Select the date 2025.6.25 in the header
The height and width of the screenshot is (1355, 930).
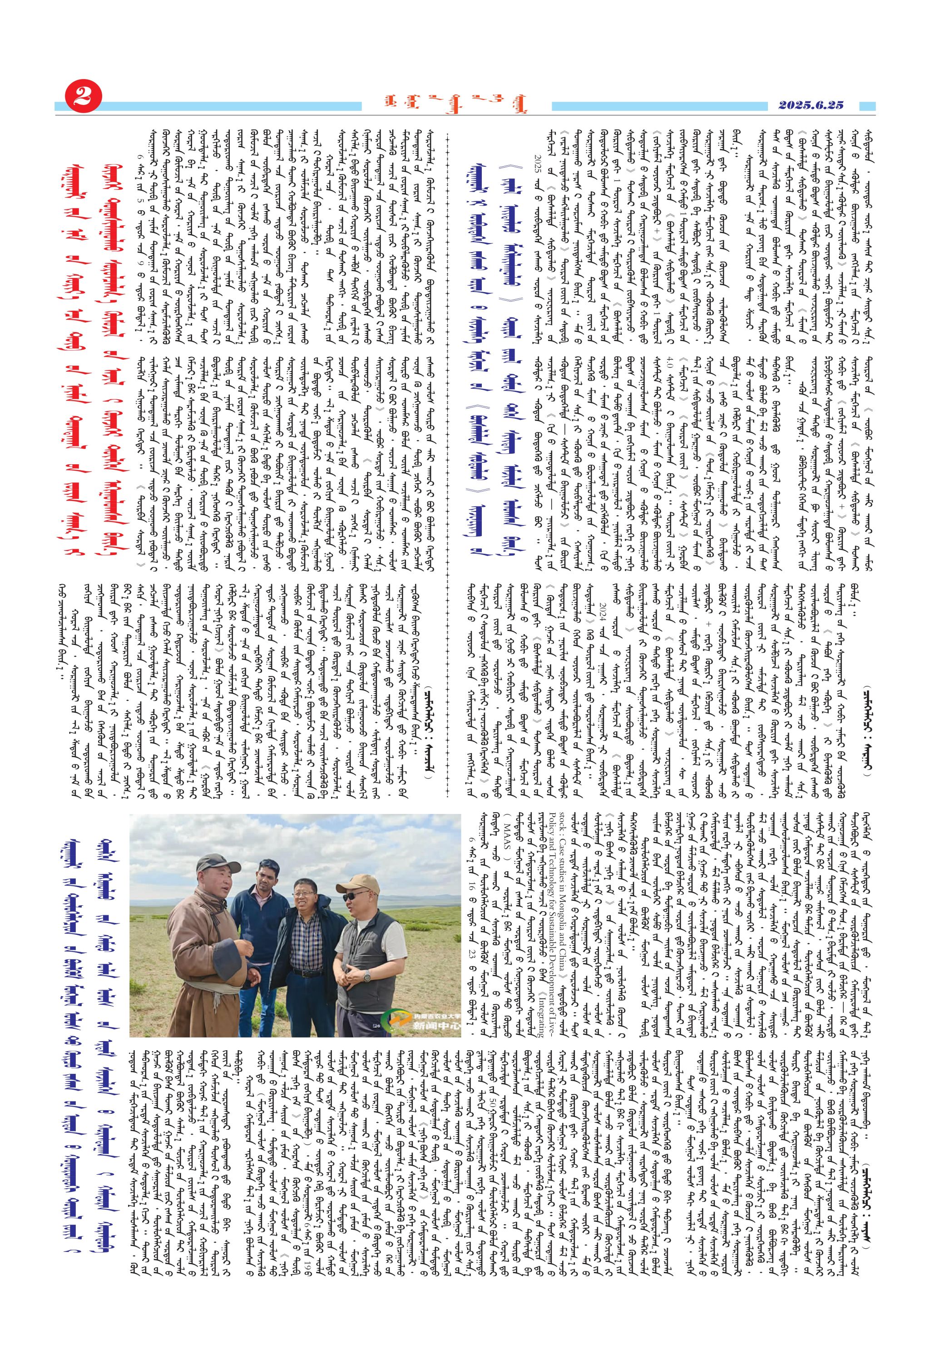click(811, 105)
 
